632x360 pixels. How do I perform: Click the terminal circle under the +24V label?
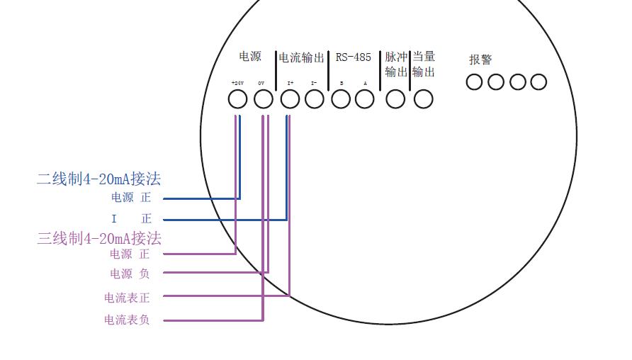[x=238, y=99]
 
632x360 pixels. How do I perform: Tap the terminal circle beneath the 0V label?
[x=264, y=99]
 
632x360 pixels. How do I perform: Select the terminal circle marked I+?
[x=290, y=99]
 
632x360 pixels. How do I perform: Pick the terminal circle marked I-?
[x=315, y=99]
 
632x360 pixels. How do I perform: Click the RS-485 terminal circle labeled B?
[x=342, y=99]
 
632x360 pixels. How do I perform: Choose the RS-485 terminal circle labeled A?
[x=365, y=99]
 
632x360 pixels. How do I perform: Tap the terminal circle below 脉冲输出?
[x=395, y=99]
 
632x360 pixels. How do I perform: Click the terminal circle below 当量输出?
[x=423, y=99]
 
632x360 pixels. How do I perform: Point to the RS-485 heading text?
[x=353, y=57]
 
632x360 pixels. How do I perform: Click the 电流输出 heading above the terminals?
[x=301, y=57]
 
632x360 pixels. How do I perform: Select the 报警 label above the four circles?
[x=480, y=60]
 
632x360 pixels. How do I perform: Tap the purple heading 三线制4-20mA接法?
[x=99, y=238]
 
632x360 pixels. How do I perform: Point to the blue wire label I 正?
[x=132, y=219]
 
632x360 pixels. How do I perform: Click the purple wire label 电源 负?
[x=130, y=274]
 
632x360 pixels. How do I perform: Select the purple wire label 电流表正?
[x=127, y=298]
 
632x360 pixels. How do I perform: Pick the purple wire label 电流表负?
[x=127, y=320]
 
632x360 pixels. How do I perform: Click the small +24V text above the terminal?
[x=237, y=83]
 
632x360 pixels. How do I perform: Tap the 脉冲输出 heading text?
[x=396, y=64]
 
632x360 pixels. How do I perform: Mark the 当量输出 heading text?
[x=423, y=64]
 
